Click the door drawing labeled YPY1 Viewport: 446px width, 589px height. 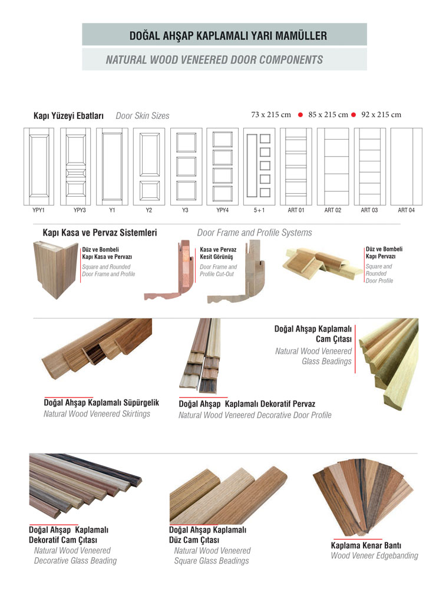click(x=39, y=167)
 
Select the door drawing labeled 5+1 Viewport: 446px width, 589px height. click(x=259, y=167)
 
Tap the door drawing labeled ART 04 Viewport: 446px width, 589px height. click(x=406, y=167)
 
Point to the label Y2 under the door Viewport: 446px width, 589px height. click(x=149, y=210)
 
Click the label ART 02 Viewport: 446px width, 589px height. click(x=333, y=210)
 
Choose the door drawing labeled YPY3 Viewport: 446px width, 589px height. click(x=75, y=167)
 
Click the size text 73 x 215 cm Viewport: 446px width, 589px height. click(x=271, y=115)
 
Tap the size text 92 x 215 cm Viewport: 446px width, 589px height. click(x=381, y=115)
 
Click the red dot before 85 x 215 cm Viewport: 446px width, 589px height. click(x=300, y=115)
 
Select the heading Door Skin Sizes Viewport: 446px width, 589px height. click(x=143, y=115)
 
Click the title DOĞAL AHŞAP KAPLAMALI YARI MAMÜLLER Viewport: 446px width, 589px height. click(x=228, y=36)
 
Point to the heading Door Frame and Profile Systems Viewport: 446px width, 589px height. click(x=255, y=233)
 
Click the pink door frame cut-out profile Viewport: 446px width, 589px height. click(x=170, y=270)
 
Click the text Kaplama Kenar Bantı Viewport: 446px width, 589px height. click(x=366, y=545)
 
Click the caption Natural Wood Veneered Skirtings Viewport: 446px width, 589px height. click(x=97, y=414)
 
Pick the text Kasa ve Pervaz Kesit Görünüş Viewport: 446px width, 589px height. click(x=218, y=253)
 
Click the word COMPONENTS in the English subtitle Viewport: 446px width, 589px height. click(x=291, y=59)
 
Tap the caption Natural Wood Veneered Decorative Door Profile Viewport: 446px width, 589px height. click(x=255, y=415)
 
